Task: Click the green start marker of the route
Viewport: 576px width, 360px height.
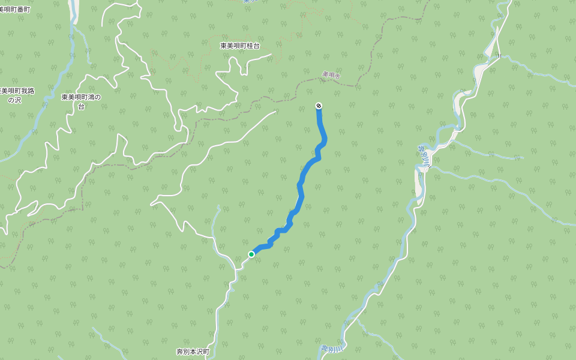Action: pyautogui.click(x=251, y=254)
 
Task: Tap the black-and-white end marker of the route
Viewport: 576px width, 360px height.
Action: pyautogui.click(x=319, y=106)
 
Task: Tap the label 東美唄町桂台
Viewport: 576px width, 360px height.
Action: pyautogui.click(x=240, y=46)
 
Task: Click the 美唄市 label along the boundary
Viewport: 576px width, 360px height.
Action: pyautogui.click(x=331, y=76)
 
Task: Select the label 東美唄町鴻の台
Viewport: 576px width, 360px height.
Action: pyautogui.click(x=81, y=97)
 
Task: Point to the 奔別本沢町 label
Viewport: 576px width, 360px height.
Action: pyautogui.click(x=192, y=352)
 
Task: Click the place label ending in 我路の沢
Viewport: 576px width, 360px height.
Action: pyautogui.click(x=17, y=91)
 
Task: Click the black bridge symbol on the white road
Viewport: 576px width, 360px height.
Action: pyautogui.click(x=498, y=56)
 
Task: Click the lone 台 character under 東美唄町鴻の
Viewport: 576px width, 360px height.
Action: pyautogui.click(x=81, y=106)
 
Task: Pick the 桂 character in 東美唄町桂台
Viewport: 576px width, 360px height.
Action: pyautogui.click(x=249, y=46)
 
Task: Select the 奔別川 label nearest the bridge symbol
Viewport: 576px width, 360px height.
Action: pyautogui.click(x=422, y=155)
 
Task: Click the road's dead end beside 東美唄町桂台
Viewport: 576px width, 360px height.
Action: pyautogui.click(x=271, y=55)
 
